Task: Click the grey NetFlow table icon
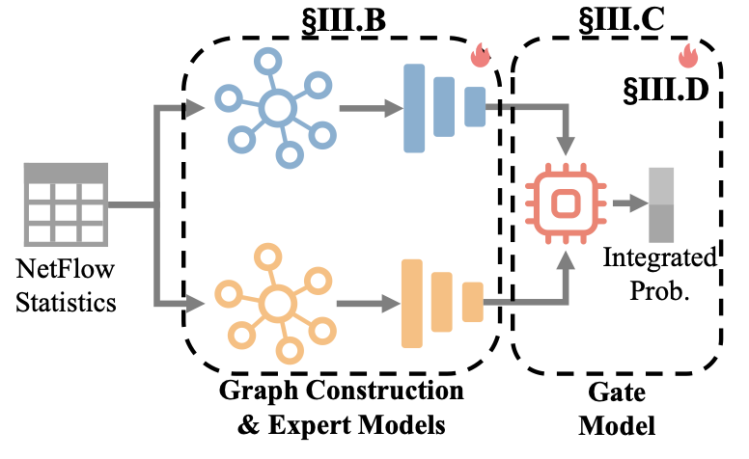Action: tap(66, 204)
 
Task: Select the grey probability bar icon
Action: tap(663, 204)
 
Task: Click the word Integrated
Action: tap(661, 258)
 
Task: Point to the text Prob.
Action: tap(660, 288)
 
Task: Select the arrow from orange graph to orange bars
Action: tap(362, 305)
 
